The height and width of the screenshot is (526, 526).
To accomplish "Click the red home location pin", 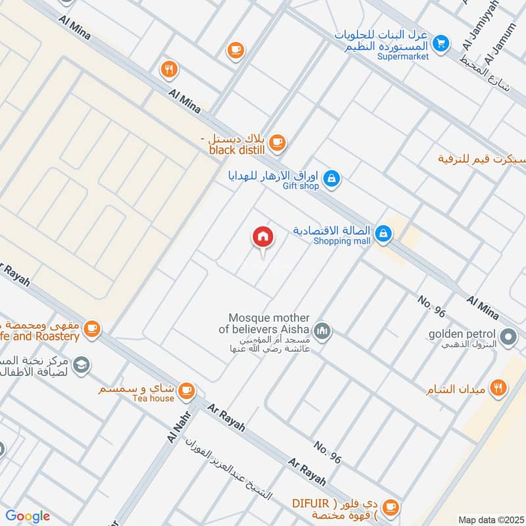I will pos(263,238).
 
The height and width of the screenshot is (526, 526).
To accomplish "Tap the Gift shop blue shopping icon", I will pos(333,178).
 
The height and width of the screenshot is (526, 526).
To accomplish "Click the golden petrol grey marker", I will pos(508,338).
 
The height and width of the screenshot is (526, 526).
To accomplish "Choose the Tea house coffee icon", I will pos(187,391).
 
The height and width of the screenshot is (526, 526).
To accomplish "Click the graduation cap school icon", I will pos(82,365).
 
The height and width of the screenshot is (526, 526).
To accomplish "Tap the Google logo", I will pos(27,516).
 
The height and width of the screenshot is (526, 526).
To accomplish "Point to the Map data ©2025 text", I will pos(489,519).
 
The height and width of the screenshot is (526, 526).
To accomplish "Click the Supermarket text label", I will pos(403,57).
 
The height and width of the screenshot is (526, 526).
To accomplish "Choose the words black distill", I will pos(237,150).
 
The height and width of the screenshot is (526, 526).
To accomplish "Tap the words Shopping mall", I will pos(342,241).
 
